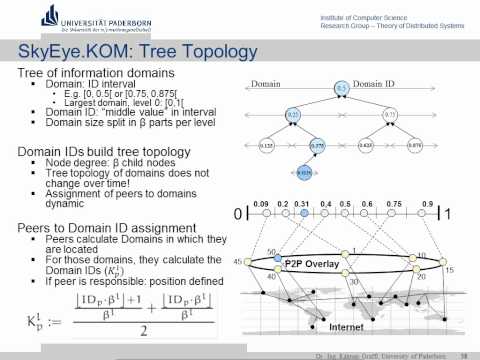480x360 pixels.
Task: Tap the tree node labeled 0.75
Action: point(391,116)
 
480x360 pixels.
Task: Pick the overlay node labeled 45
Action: point(248,262)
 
